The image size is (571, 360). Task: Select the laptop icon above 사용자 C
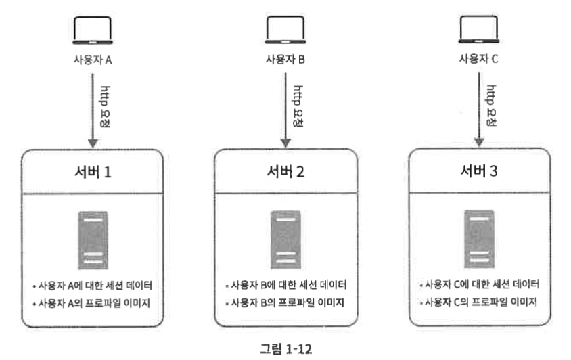(x=478, y=29)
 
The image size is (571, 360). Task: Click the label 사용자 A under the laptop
(x=92, y=59)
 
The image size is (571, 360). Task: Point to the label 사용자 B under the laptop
(x=285, y=59)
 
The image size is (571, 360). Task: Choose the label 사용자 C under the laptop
(x=478, y=59)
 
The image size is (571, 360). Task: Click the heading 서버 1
(x=93, y=172)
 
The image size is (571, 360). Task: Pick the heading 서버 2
(x=286, y=171)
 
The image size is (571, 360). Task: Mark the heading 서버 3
(x=479, y=171)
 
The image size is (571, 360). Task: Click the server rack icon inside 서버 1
(x=93, y=240)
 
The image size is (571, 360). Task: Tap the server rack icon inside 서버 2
(x=286, y=240)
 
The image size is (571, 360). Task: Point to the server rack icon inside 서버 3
(x=479, y=240)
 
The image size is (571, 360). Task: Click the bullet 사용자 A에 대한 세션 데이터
(x=92, y=285)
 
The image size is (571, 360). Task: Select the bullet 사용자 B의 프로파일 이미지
(x=286, y=302)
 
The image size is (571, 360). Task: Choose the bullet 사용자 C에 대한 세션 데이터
(x=479, y=284)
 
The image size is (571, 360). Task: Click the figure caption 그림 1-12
(x=285, y=348)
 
